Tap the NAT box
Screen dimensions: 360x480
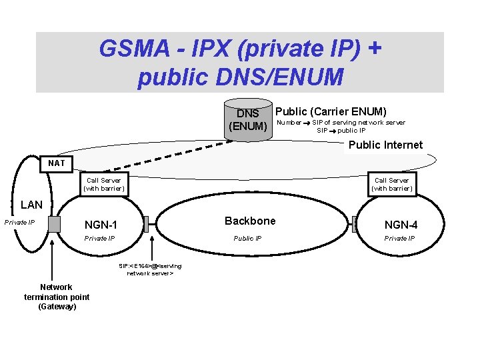click(57, 163)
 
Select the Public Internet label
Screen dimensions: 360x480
click(385, 145)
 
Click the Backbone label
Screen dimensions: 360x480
click(249, 221)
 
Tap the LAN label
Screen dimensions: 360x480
click(31, 205)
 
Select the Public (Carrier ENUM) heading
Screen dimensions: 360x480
click(331, 111)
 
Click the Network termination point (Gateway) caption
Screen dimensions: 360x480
click(57, 297)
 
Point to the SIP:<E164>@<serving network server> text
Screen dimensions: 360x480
click(150, 269)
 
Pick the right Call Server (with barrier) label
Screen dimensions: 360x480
click(391, 184)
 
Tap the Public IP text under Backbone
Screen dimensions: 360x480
click(247, 238)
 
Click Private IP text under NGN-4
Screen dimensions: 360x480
click(399, 238)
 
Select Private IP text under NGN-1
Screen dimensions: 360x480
click(99, 238)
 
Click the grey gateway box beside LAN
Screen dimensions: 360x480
click(54, 224)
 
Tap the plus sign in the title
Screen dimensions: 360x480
click(375, 48)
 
